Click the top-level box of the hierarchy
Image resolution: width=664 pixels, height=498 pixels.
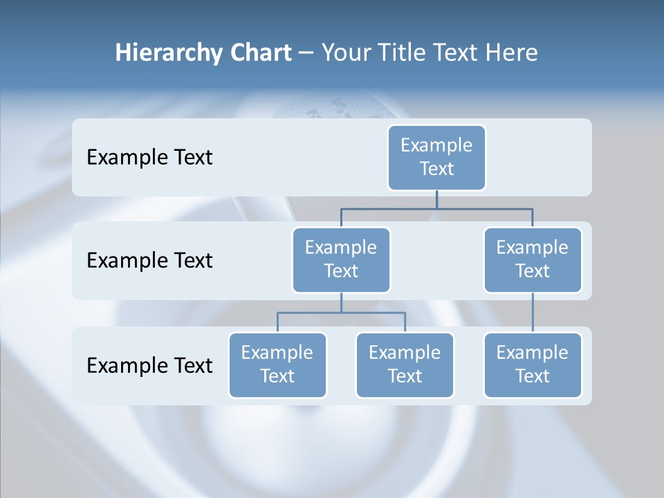click(436, 157)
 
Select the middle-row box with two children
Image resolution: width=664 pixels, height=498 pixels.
click(341, 259)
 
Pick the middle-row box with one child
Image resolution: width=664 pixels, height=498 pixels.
click(533, 259)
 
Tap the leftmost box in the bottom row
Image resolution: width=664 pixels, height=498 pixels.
click(277, 365)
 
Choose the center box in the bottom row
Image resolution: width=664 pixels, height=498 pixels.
click(405, 365)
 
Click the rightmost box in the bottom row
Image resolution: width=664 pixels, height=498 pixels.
click(533, 365)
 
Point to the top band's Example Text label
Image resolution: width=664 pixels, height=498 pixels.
click(149, 157)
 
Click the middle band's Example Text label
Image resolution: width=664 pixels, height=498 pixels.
click(149, 260)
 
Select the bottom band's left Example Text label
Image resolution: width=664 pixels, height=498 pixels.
click(149, 365)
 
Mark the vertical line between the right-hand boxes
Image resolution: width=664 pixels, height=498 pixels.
click(533, 313)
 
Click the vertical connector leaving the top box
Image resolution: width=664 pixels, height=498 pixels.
click(436, 199)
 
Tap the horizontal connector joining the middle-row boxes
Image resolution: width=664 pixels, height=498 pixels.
click(436, 208)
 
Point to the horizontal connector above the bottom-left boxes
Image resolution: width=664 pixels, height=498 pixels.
click(341, 313)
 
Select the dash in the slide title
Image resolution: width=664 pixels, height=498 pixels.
click(306, 54)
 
